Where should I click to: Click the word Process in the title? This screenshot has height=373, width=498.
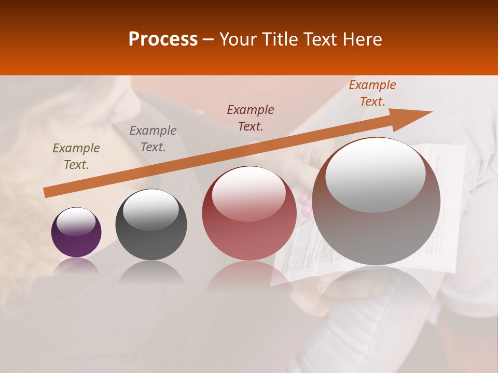[x=163, y=39]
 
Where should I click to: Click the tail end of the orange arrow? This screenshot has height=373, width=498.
[x=46, y=193]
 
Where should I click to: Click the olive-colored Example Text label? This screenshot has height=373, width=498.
[x=76, y=156]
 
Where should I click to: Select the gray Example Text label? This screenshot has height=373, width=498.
[x=153, y=139]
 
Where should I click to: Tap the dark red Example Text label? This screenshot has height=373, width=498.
[x=251, y=118]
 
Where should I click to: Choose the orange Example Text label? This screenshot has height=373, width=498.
[x=372, y=93]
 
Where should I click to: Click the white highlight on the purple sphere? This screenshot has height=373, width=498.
[x=76, y=222]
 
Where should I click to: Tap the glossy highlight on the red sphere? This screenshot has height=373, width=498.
[x=249, y=194]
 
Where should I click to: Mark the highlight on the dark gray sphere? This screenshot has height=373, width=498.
[x=151, y=210]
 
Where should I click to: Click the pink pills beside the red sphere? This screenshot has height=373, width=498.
[x=305, y=204]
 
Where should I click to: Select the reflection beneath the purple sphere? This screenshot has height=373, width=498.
[x=76, y=266]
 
